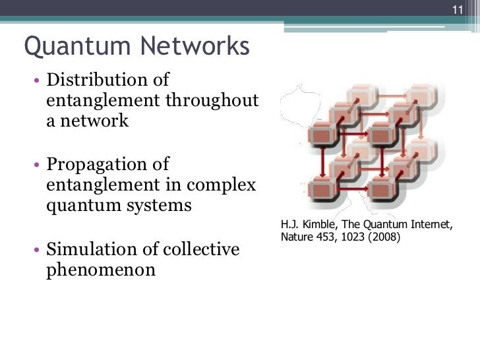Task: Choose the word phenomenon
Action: click(x=101, y=270)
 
